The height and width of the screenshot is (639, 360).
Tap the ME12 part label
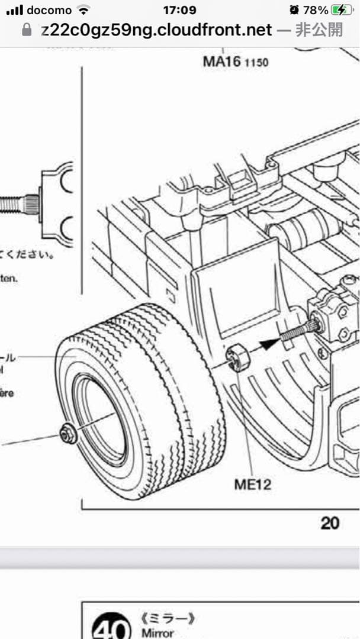tap(252, 485)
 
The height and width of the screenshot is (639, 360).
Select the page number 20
tap(330, 523)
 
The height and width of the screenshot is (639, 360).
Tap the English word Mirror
tap(157, 633)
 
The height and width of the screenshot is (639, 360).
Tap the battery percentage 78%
tap(315, 10)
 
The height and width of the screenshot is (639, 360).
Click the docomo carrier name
tap(49, 10)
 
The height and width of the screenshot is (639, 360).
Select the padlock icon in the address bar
tap(25, 30)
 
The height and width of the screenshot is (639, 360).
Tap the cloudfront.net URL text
tap(156, 30)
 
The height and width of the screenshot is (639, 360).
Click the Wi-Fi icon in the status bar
tap(84, 10)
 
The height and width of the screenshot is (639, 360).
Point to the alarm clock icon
tap(294, 10)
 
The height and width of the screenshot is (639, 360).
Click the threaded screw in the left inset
tap(18, 205)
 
